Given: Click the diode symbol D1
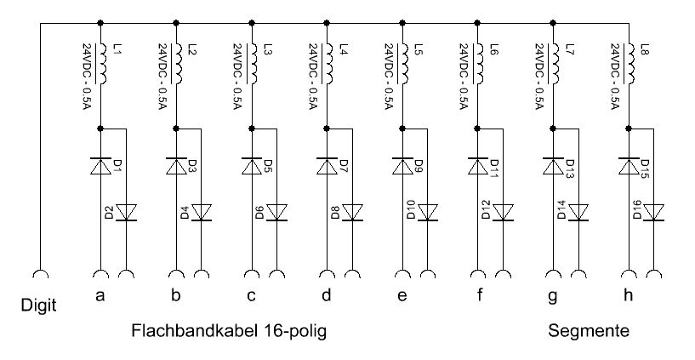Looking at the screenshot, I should click(x=101, y=165).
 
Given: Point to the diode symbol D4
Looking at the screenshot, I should click(x=202, y=212).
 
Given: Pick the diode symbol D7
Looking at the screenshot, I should click(x=327, y=165).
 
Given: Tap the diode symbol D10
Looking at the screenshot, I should click(x=428, y=212).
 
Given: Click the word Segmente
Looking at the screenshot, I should click(x=589, y=331).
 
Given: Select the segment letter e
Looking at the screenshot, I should click(x=402, y=296).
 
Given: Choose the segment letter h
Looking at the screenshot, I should click(x=629, y=295).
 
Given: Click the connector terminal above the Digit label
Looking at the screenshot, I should click(x=39, y=274).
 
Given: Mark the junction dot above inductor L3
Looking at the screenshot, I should click(x=252, y=23).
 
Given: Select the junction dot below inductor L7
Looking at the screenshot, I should click(x=554, y=129).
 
